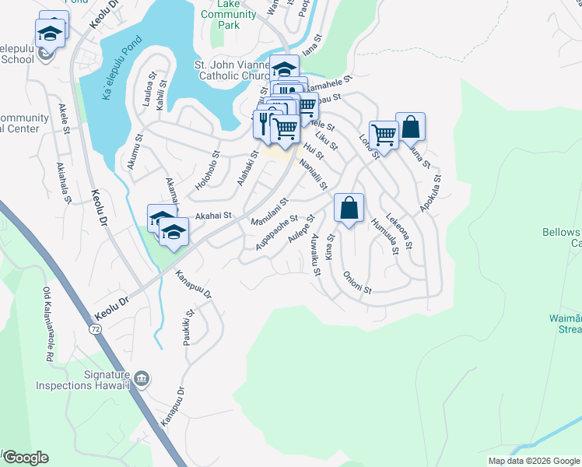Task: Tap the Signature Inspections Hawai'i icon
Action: coord(141,379)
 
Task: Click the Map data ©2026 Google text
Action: coord(534,461)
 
